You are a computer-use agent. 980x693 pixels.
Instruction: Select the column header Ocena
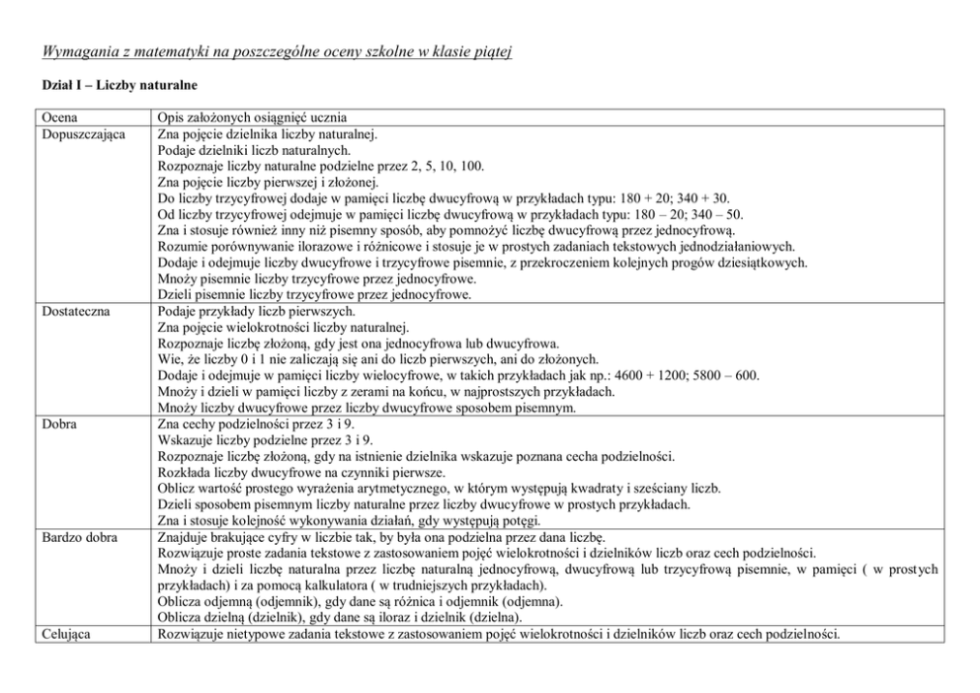[x=60, y=118]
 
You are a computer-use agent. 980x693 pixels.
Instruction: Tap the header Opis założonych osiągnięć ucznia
[x=252, y=118]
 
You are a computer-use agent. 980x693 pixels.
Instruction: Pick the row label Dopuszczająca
[x=83, y=133]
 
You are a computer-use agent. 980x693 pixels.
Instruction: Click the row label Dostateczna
[x=75, y=310]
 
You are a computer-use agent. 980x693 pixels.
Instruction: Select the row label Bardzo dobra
[x=79, y=537]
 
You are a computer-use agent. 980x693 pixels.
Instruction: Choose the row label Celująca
[x=68, y=634]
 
